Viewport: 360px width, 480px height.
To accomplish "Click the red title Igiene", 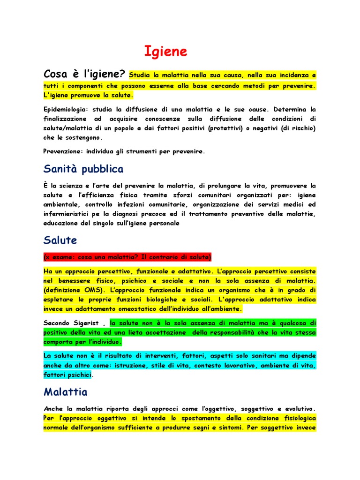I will pos(165,52).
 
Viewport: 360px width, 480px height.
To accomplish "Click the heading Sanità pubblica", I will pos(83,169).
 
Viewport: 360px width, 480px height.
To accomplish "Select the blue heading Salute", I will pos(60,240).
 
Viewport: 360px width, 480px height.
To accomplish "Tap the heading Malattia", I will pos(66,391).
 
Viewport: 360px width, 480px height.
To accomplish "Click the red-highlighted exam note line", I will pos(127,257).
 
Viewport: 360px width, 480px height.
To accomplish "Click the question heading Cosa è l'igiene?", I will pos(84,74).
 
